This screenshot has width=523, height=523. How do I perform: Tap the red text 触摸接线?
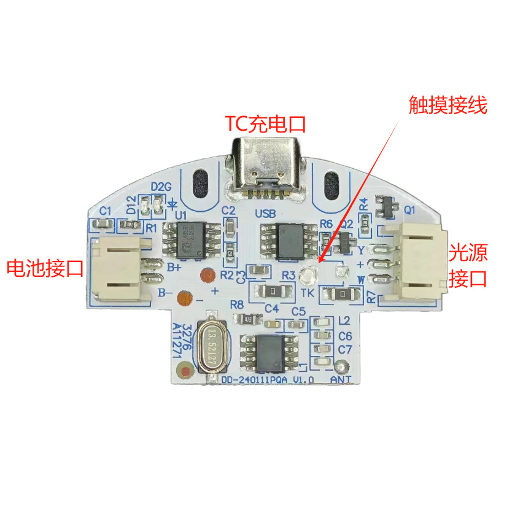(447, 106)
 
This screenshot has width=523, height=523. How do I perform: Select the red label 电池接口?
(44, 268)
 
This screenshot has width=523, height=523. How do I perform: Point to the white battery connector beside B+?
(119, 269)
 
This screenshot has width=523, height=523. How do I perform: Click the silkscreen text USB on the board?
(265, 214)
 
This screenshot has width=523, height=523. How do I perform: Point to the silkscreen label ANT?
(341, 381)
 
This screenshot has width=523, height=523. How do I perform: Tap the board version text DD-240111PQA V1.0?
(268, 381)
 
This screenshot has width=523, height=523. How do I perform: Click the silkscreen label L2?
(344, 320)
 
